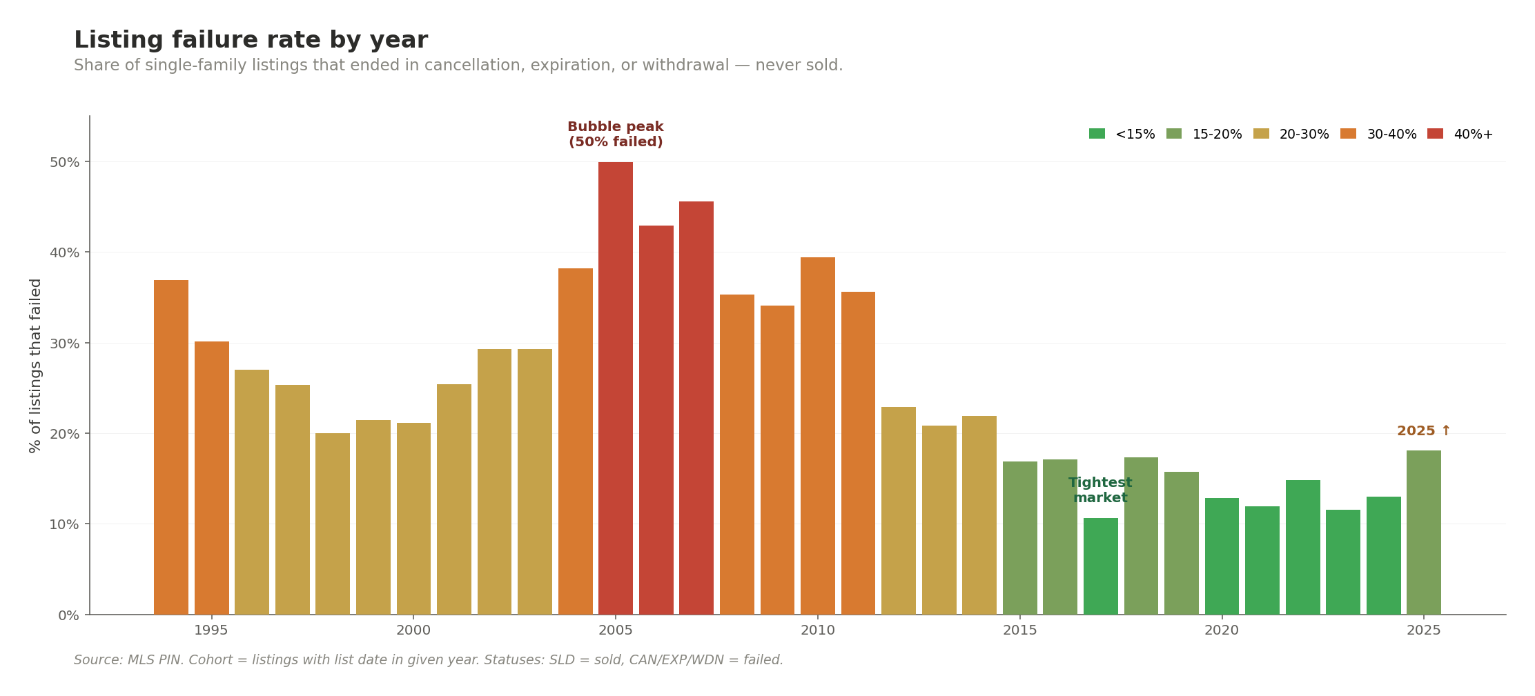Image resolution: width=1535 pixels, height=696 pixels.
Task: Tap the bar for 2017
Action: (x=1100, y=566)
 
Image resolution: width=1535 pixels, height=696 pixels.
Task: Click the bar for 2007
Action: (x=696, y=408)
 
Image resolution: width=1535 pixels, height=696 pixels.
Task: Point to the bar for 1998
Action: (x=333, y=524)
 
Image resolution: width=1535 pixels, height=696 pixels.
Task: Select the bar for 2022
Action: (x=1302, y=547)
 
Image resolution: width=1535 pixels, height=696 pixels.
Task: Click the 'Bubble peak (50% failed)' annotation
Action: (x=615, y=135)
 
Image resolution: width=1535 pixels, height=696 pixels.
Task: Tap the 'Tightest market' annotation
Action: (x=1100, y=490)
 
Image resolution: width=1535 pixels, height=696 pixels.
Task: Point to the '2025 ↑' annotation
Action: (x=1423, y=431)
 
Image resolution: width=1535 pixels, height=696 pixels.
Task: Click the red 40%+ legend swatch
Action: (x=1435, y=134)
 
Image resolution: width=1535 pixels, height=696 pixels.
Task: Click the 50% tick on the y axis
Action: (x=63, y=162)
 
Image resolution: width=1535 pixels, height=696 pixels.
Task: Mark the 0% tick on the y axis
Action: (x=68, y=615)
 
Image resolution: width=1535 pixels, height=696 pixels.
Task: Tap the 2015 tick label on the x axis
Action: (x=1019, y=630)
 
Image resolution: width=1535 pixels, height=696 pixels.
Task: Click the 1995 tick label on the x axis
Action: (x=211, y=630)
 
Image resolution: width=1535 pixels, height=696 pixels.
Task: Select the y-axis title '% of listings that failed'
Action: (x=36, y=366)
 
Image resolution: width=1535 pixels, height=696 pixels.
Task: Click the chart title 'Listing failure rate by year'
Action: (x=251, y=40)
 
